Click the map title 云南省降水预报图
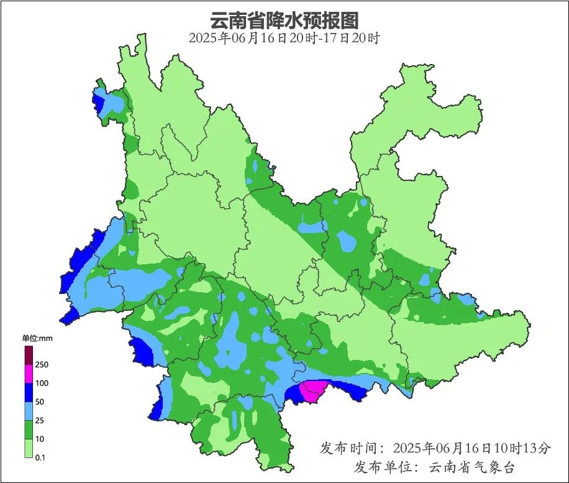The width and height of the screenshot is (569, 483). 284,20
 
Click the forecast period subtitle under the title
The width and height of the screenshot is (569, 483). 284,38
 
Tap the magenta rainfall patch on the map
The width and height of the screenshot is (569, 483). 312,390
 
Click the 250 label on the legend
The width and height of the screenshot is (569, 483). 42,364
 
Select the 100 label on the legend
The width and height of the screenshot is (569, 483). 42,383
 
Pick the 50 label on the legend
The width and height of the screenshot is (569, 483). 40,402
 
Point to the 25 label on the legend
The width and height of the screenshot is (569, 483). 40,420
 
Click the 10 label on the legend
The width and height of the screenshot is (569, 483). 40,439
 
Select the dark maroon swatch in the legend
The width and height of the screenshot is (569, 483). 29,355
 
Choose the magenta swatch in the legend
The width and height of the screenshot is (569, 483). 29,374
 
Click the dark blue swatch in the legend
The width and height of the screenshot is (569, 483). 29,392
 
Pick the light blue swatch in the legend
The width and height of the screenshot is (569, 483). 29,411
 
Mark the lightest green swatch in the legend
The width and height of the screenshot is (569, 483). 29,448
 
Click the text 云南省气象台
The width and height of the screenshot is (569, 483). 472,467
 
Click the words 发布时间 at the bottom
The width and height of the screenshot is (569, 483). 348,448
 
